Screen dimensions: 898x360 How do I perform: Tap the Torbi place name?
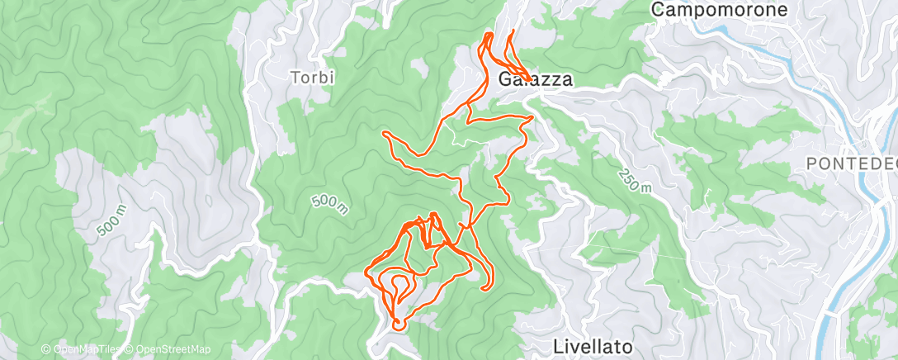click(312, 78)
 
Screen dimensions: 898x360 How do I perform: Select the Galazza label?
click(536, 79)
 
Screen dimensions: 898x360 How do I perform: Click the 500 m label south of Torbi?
click(329, 203)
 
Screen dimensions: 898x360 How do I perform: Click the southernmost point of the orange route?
click(397, 328)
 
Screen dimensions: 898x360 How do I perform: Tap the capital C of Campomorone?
click(658, 10)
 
